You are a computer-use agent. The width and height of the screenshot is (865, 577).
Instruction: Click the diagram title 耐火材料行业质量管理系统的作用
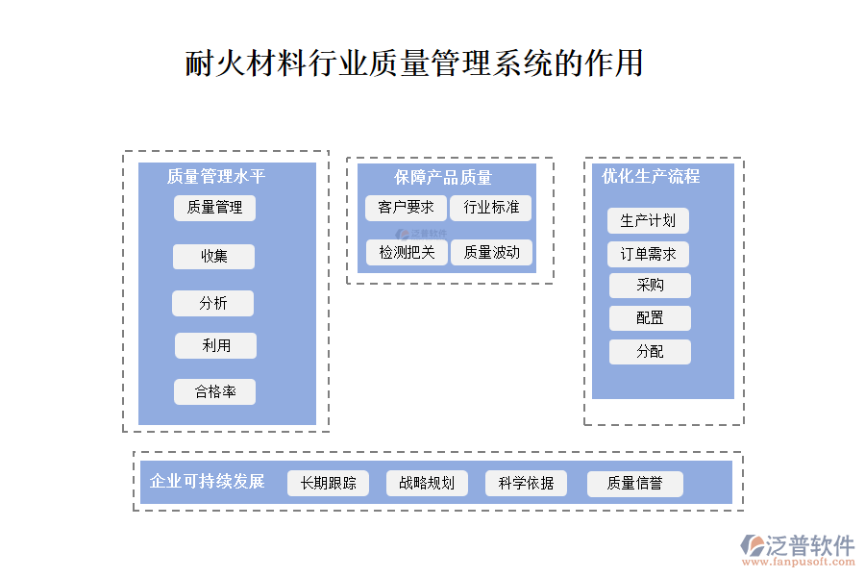414,63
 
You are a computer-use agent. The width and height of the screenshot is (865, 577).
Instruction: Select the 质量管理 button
214,208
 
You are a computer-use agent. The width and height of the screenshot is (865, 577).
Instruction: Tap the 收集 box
213,257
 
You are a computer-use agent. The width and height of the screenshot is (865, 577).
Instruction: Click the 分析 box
212,303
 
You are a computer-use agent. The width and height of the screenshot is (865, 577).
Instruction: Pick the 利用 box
215,345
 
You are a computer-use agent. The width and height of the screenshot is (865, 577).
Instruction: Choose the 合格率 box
214,391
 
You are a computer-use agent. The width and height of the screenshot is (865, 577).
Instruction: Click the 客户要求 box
406,208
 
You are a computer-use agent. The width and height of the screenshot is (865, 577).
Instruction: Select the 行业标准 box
490,208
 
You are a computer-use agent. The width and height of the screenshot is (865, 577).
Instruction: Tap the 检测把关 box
407,252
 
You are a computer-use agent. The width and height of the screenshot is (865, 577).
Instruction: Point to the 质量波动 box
491,252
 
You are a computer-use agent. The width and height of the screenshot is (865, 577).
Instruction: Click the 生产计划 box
648,220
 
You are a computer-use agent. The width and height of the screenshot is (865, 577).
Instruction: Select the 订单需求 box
648,255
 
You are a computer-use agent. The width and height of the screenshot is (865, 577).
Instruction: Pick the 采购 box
650,286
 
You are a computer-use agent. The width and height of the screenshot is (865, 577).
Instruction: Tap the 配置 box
650,318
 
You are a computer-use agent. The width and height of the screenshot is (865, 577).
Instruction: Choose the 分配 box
650,351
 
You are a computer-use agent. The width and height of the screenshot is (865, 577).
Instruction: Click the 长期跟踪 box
328,483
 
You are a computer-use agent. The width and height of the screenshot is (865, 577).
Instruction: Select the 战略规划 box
427,483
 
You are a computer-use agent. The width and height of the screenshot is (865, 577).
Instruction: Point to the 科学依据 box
526,483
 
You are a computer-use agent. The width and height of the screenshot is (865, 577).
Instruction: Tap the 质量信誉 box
634,483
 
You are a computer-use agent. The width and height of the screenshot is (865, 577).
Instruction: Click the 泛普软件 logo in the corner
797,549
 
